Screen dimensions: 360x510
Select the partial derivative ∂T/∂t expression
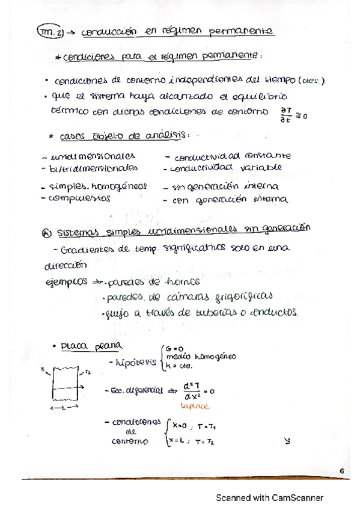point(285,114)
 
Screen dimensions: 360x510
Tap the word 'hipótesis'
point(135,363)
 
